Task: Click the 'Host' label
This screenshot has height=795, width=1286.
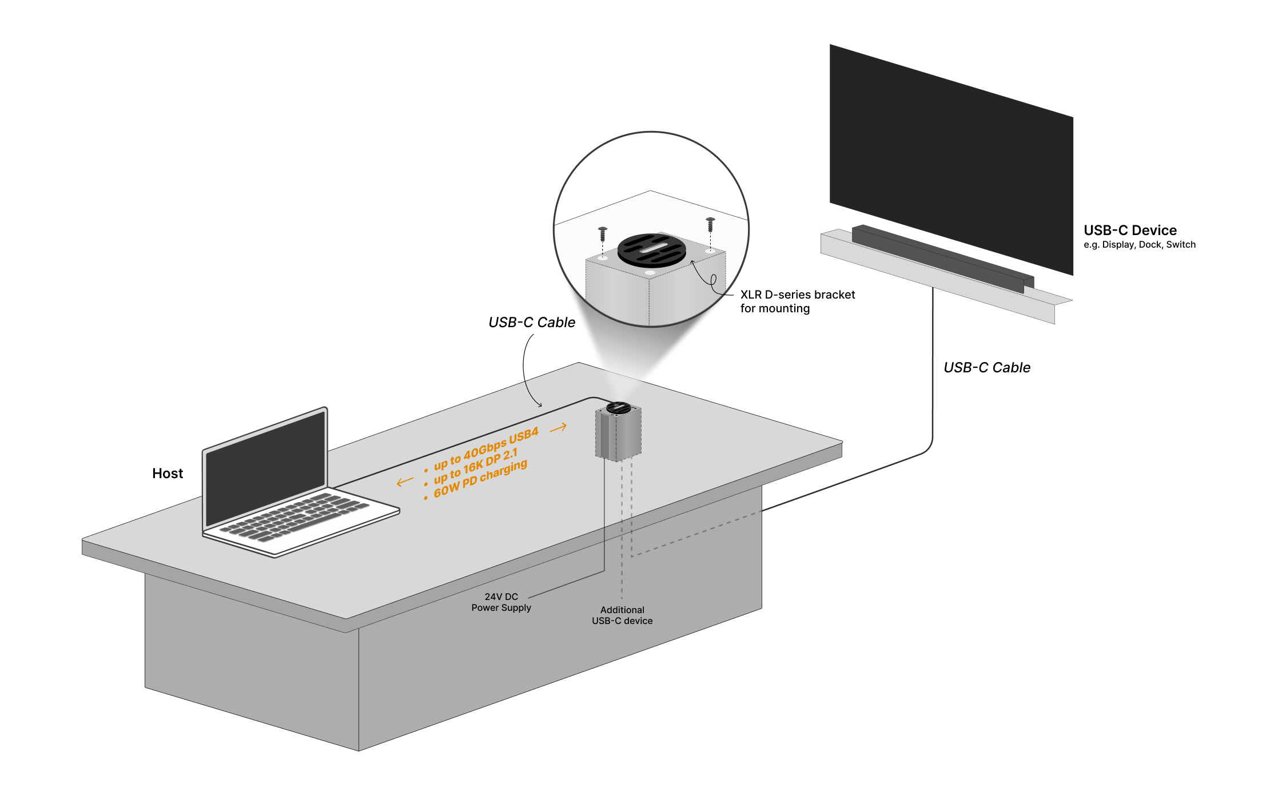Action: point(168,474)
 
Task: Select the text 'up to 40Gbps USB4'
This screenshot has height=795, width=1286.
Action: point(486,449)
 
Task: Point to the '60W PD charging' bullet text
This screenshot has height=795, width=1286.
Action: point(480,479)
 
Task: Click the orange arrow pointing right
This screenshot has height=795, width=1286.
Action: point(558,427)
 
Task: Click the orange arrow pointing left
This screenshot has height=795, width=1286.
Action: point(405,482)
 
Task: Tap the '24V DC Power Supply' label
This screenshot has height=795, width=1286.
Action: point(501,602)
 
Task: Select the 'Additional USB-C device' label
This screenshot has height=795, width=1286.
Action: point(622,615)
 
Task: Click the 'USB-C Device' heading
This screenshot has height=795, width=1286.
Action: point(1130,230)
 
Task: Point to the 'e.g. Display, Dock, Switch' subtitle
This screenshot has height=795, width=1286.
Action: point(1139,245)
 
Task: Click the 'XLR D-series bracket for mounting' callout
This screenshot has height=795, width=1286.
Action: point(797,301)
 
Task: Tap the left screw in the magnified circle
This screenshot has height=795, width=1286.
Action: point(603,234)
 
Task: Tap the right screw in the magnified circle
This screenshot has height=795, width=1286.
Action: point(710,224)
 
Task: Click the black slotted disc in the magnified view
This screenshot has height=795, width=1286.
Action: point(652,250)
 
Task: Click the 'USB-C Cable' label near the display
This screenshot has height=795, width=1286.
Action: point(987,368)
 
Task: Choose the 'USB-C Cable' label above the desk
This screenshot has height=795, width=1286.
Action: point(532,323)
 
